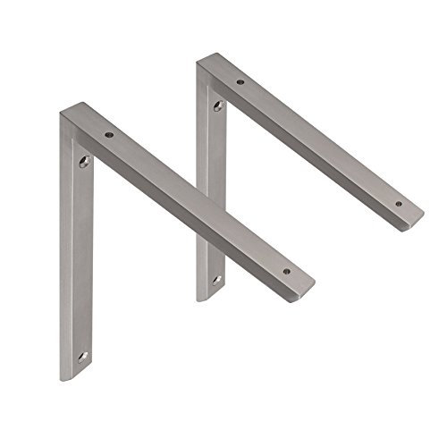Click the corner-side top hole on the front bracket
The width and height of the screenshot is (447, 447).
tap(108, 134)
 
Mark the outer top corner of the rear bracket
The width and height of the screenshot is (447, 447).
tap(198, 62)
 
